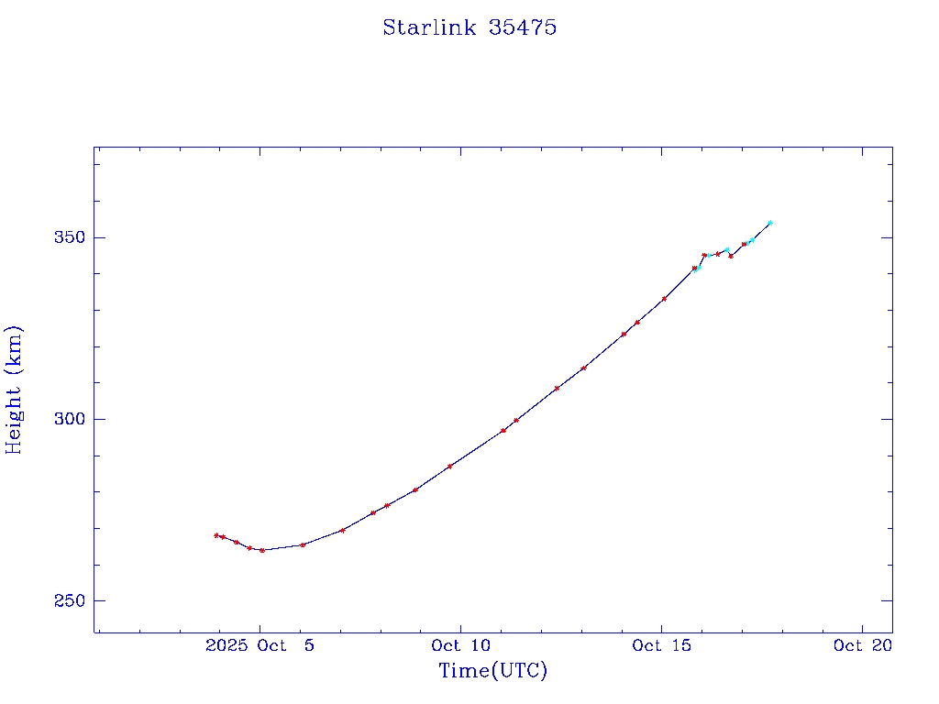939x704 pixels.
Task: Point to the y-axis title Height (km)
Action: (x=14, y=389)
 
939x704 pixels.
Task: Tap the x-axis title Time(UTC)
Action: (x=492, y=671)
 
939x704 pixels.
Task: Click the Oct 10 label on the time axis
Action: (x=460, y=645)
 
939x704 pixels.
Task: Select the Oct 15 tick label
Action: (x=661, y=645)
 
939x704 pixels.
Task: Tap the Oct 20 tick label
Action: (x=862, y=645)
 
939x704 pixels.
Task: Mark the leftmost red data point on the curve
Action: (x=216, y=535)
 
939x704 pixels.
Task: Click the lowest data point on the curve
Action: (x=262, y=550)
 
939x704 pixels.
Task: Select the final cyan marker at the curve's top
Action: (x=770, y=223)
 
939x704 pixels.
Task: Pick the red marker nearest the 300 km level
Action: (x=516, y=420)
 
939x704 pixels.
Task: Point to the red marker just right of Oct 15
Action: (x=664, y=299)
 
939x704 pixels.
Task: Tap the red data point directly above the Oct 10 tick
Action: (x=449, y=467)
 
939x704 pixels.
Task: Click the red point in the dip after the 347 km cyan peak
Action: (x=731, y=256)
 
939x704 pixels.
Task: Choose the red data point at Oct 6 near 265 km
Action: (x=303, y=544)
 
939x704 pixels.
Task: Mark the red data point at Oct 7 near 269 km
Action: (x=342, y=530)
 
